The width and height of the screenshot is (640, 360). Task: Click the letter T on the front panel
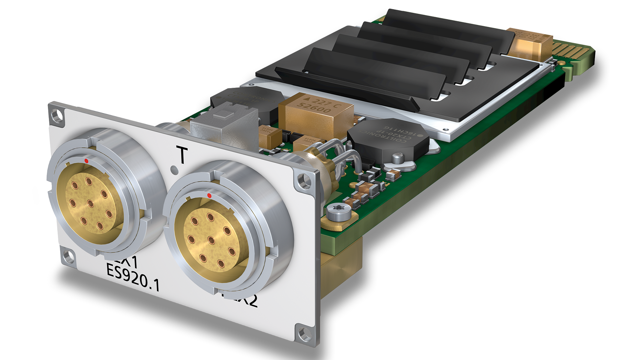[182, 155]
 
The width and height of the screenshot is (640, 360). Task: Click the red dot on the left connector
[86, 161]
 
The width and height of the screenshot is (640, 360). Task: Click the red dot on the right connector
[209, 195]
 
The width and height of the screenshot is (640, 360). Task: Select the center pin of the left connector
[90, 203]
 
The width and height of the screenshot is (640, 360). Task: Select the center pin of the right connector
[211, 240]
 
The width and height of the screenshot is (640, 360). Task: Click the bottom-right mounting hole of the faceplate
[304, 333]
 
